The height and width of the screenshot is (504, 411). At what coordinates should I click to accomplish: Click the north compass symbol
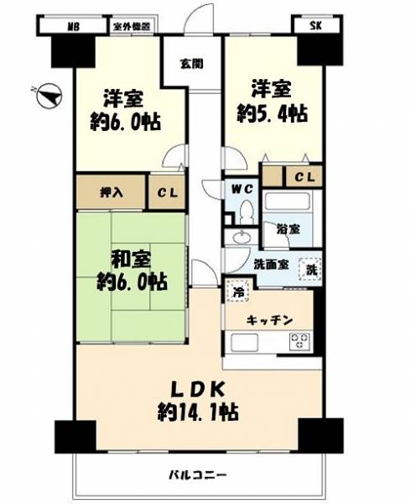point(49,96)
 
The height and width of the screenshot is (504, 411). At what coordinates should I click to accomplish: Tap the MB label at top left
point(74,26)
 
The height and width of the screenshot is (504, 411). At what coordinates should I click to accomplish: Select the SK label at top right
point(315,26)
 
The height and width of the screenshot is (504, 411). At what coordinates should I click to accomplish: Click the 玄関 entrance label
point(191,64)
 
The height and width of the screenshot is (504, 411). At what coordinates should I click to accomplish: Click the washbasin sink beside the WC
point(242,238)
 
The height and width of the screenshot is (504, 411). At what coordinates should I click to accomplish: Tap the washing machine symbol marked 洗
point(310,270)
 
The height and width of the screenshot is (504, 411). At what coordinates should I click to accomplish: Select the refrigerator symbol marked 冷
point(237,291)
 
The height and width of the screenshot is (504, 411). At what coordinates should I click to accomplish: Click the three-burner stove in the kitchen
point(299,342)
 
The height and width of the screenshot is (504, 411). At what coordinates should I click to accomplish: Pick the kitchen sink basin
point(245,344)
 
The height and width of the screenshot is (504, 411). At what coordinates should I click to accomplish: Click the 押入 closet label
point(112,192)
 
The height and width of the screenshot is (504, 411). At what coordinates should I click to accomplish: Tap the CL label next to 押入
point(167,193)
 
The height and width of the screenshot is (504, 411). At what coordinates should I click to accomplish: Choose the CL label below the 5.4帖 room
point(304,176)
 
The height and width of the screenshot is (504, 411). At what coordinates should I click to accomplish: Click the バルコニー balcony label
point(198,475)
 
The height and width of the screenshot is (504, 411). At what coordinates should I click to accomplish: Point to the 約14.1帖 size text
point(198,412)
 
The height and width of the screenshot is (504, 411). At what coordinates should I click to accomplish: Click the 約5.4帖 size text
point(273,113)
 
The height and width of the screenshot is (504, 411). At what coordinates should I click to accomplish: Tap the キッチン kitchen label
point(269,320)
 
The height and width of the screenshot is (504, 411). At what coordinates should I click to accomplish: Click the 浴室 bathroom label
point(289,229)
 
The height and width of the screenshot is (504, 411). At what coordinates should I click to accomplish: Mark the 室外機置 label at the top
point(132,27)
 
